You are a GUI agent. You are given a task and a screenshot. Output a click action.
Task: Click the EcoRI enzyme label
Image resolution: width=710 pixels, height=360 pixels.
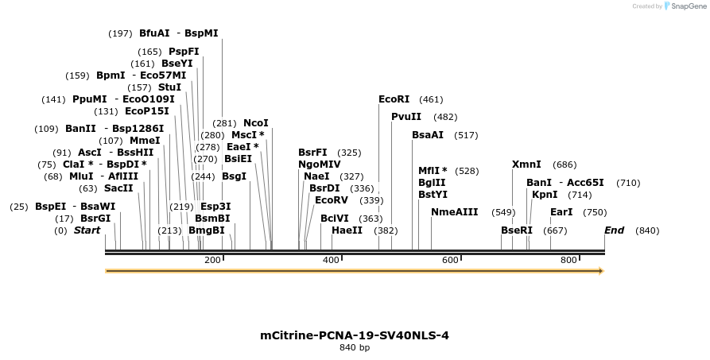[x=394, y=99]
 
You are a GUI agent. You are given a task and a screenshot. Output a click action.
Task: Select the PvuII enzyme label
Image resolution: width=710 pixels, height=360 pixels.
[x=406, y=117]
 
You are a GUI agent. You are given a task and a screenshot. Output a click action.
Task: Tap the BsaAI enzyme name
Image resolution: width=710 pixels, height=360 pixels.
[x=428, y=135]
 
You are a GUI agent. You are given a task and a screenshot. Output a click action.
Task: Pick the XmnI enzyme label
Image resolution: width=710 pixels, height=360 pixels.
[x=526, y=165]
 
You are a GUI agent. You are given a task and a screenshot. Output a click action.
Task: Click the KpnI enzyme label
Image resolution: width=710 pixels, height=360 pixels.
[x=545, y=195]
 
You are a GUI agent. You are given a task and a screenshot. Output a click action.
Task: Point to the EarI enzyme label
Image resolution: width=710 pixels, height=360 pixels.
[x=561, y=212]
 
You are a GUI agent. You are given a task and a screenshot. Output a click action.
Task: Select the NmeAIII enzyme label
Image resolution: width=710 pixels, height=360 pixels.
[x=455, y=212]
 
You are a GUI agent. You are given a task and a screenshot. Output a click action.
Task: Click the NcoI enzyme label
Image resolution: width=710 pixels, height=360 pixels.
[x=256, y=123]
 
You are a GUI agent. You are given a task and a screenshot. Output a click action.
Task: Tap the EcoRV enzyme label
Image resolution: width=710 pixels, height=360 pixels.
[x=332, y=200]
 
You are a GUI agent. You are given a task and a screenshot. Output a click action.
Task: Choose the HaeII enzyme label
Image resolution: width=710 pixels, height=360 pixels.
[x=347, y=230]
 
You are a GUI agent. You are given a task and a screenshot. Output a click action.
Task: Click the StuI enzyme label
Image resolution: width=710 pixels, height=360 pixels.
[x=169, y=87]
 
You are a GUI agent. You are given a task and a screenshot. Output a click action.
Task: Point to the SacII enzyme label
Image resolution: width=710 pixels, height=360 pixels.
[x=118, y=188]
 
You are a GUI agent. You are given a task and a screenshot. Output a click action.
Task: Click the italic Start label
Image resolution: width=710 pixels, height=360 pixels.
[x=87, y=230]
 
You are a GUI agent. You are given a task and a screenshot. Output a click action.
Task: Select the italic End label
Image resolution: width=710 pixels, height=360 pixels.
[x=614, y=230]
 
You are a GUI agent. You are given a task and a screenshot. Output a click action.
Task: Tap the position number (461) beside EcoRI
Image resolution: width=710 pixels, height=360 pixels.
[x=431, y=99]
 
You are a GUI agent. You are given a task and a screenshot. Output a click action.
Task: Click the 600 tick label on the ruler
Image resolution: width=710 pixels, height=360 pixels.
[x=450, y=260]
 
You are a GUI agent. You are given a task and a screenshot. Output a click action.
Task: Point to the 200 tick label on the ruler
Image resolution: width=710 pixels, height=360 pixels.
[x=212, y=260]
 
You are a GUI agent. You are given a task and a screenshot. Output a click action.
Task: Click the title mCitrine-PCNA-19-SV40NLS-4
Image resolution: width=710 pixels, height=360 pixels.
[x=355, y=335]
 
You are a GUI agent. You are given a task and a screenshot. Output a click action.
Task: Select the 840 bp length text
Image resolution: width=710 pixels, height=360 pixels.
[x=355, y=348]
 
